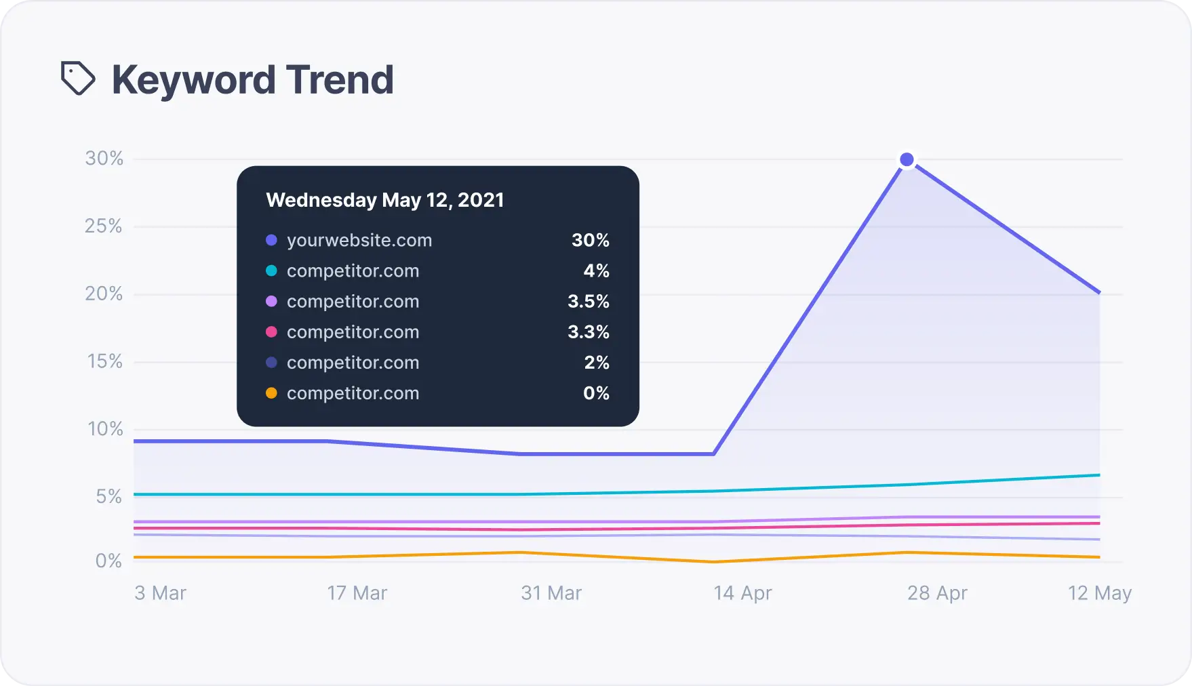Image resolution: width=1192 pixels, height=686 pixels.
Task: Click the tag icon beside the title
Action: (x=78, y=79)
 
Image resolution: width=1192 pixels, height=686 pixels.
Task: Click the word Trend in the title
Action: (x=340, y=80)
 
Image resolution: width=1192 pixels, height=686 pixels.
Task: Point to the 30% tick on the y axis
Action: (x=104, y=159)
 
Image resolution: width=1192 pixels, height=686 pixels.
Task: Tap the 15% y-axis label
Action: (x=105, y=361)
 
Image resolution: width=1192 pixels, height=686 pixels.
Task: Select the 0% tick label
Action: (x=108, y=561)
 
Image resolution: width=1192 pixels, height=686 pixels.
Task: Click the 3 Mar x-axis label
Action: (x=160, y=593)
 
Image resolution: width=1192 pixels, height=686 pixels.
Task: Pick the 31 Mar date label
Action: (x=551, y=593)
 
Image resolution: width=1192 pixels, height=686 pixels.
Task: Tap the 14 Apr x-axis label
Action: (x=742, y=593)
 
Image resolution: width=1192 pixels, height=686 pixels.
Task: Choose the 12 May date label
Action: (x=1100, y=593)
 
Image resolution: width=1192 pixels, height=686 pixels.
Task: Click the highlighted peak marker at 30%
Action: (x=907, y=160)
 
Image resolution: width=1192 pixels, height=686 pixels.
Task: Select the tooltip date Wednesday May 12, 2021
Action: (x=385, y=200)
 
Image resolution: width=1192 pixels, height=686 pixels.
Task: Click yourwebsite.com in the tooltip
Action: (x=359, y=240)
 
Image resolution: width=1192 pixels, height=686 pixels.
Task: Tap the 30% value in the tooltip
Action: (x=591, y=240)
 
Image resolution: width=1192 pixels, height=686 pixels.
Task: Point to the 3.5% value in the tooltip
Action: (x=589, y=301)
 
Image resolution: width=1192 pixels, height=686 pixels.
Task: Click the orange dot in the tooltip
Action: (x=271, y=393)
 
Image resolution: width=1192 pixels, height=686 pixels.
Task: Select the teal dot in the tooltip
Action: (x=271, y=270)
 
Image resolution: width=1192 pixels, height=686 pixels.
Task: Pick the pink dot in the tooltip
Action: (x=271, y=332)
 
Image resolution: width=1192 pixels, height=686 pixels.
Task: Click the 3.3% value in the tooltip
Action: (x=589, y=332)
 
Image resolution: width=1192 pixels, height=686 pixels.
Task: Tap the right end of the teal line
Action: (x=1098, y=475)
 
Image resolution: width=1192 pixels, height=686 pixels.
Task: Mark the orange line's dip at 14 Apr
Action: (x=714, y=562)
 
